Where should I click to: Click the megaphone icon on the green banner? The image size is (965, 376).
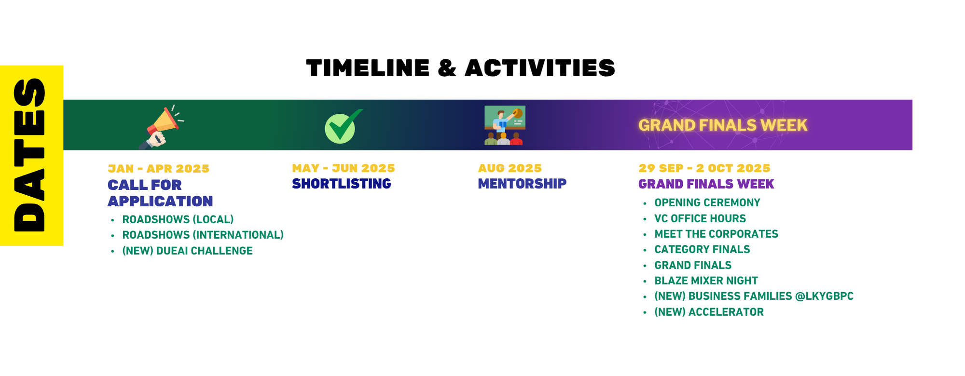161,127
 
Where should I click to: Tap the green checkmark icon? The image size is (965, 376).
343,126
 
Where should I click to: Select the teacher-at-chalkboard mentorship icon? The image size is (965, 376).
504,125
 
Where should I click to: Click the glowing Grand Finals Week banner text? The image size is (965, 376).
722,125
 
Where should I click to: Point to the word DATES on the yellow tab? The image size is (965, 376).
30,155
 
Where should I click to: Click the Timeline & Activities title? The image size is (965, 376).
460,68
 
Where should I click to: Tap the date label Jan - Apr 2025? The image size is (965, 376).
158,169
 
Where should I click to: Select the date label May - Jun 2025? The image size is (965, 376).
343,168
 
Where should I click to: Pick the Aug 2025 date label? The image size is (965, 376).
510,168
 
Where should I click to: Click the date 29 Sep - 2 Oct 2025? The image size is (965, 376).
704,168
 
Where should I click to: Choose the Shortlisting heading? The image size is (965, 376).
341,184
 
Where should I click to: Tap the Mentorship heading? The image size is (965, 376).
522,184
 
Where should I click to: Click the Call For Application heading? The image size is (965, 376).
160,193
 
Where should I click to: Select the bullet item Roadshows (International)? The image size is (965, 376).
203,235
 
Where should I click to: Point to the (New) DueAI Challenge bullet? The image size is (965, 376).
187,251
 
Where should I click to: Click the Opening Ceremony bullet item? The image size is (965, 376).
707,202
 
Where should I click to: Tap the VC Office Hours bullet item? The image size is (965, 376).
700,218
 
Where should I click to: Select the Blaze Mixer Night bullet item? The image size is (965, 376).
706,281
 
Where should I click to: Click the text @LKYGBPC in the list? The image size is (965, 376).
824,296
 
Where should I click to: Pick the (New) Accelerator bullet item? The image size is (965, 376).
709,312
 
